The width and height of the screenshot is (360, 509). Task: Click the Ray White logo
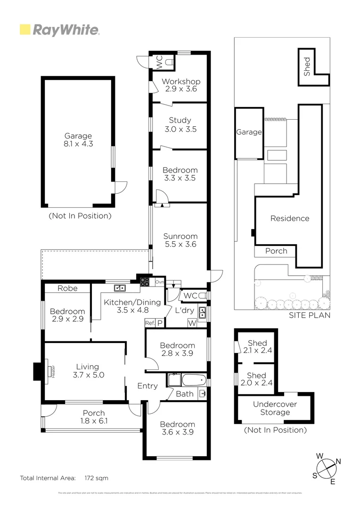[x=59, y=30]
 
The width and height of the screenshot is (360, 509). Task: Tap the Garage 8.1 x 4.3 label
[x=79, y=140]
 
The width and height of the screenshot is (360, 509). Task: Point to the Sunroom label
[x=180, y=240]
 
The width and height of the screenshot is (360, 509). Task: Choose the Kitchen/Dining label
[x=132, y=306]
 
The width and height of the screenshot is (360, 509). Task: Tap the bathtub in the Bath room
[x=193, y=380]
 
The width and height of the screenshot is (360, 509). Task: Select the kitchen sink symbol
[x=119, y=287]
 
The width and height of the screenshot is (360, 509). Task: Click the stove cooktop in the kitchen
[x=144, y=283]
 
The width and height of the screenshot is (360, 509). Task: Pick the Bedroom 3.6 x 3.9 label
[x=177, y=428]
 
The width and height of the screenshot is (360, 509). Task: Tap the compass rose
[x=326, y=468]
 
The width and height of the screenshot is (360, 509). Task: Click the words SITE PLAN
[x=310, y=315]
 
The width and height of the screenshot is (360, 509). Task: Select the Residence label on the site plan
[x=290, y=218]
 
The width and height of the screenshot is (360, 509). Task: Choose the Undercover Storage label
[x=275, y=408]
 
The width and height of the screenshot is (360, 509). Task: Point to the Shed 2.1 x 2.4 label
[x=257, y=346]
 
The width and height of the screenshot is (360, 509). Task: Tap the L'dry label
[x=185, y=312]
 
